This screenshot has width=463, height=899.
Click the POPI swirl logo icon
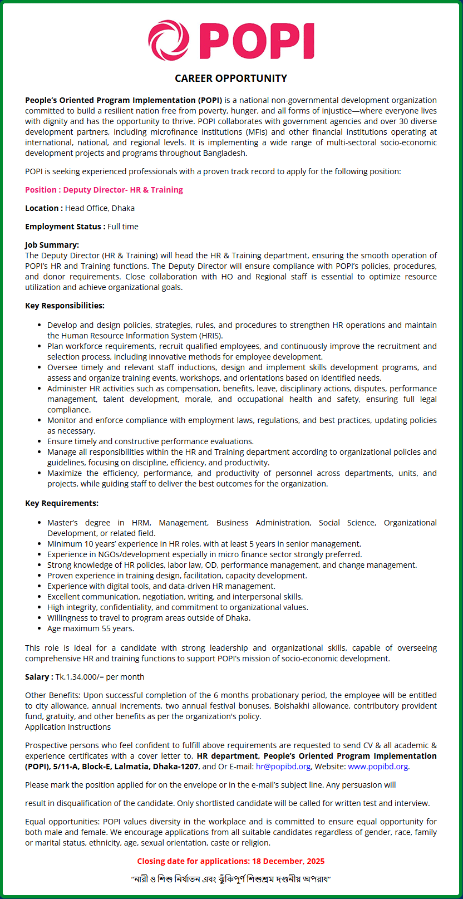tap(169, 41)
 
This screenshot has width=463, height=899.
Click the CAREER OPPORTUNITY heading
tap(231, 78)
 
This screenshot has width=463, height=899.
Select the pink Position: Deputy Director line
tap(104, 190)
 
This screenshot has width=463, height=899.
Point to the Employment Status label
tap(65, 227)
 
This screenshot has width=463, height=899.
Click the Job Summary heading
tap(52, 245)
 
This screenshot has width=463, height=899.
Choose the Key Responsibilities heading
tap(65, 306)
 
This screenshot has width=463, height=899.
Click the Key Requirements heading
tap(62, 503)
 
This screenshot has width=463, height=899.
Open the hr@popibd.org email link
tap(283, 767)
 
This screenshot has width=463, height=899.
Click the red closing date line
tap(231, 861)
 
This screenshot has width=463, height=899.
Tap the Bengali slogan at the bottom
tap(231, 880)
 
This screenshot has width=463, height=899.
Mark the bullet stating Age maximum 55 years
tap(91, 628)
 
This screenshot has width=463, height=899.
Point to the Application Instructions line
tap(68, 727)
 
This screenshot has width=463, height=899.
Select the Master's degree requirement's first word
tap(62, 523)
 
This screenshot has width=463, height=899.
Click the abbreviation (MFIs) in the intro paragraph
tap(254, 132)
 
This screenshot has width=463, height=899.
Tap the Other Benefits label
tap(53, 695)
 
